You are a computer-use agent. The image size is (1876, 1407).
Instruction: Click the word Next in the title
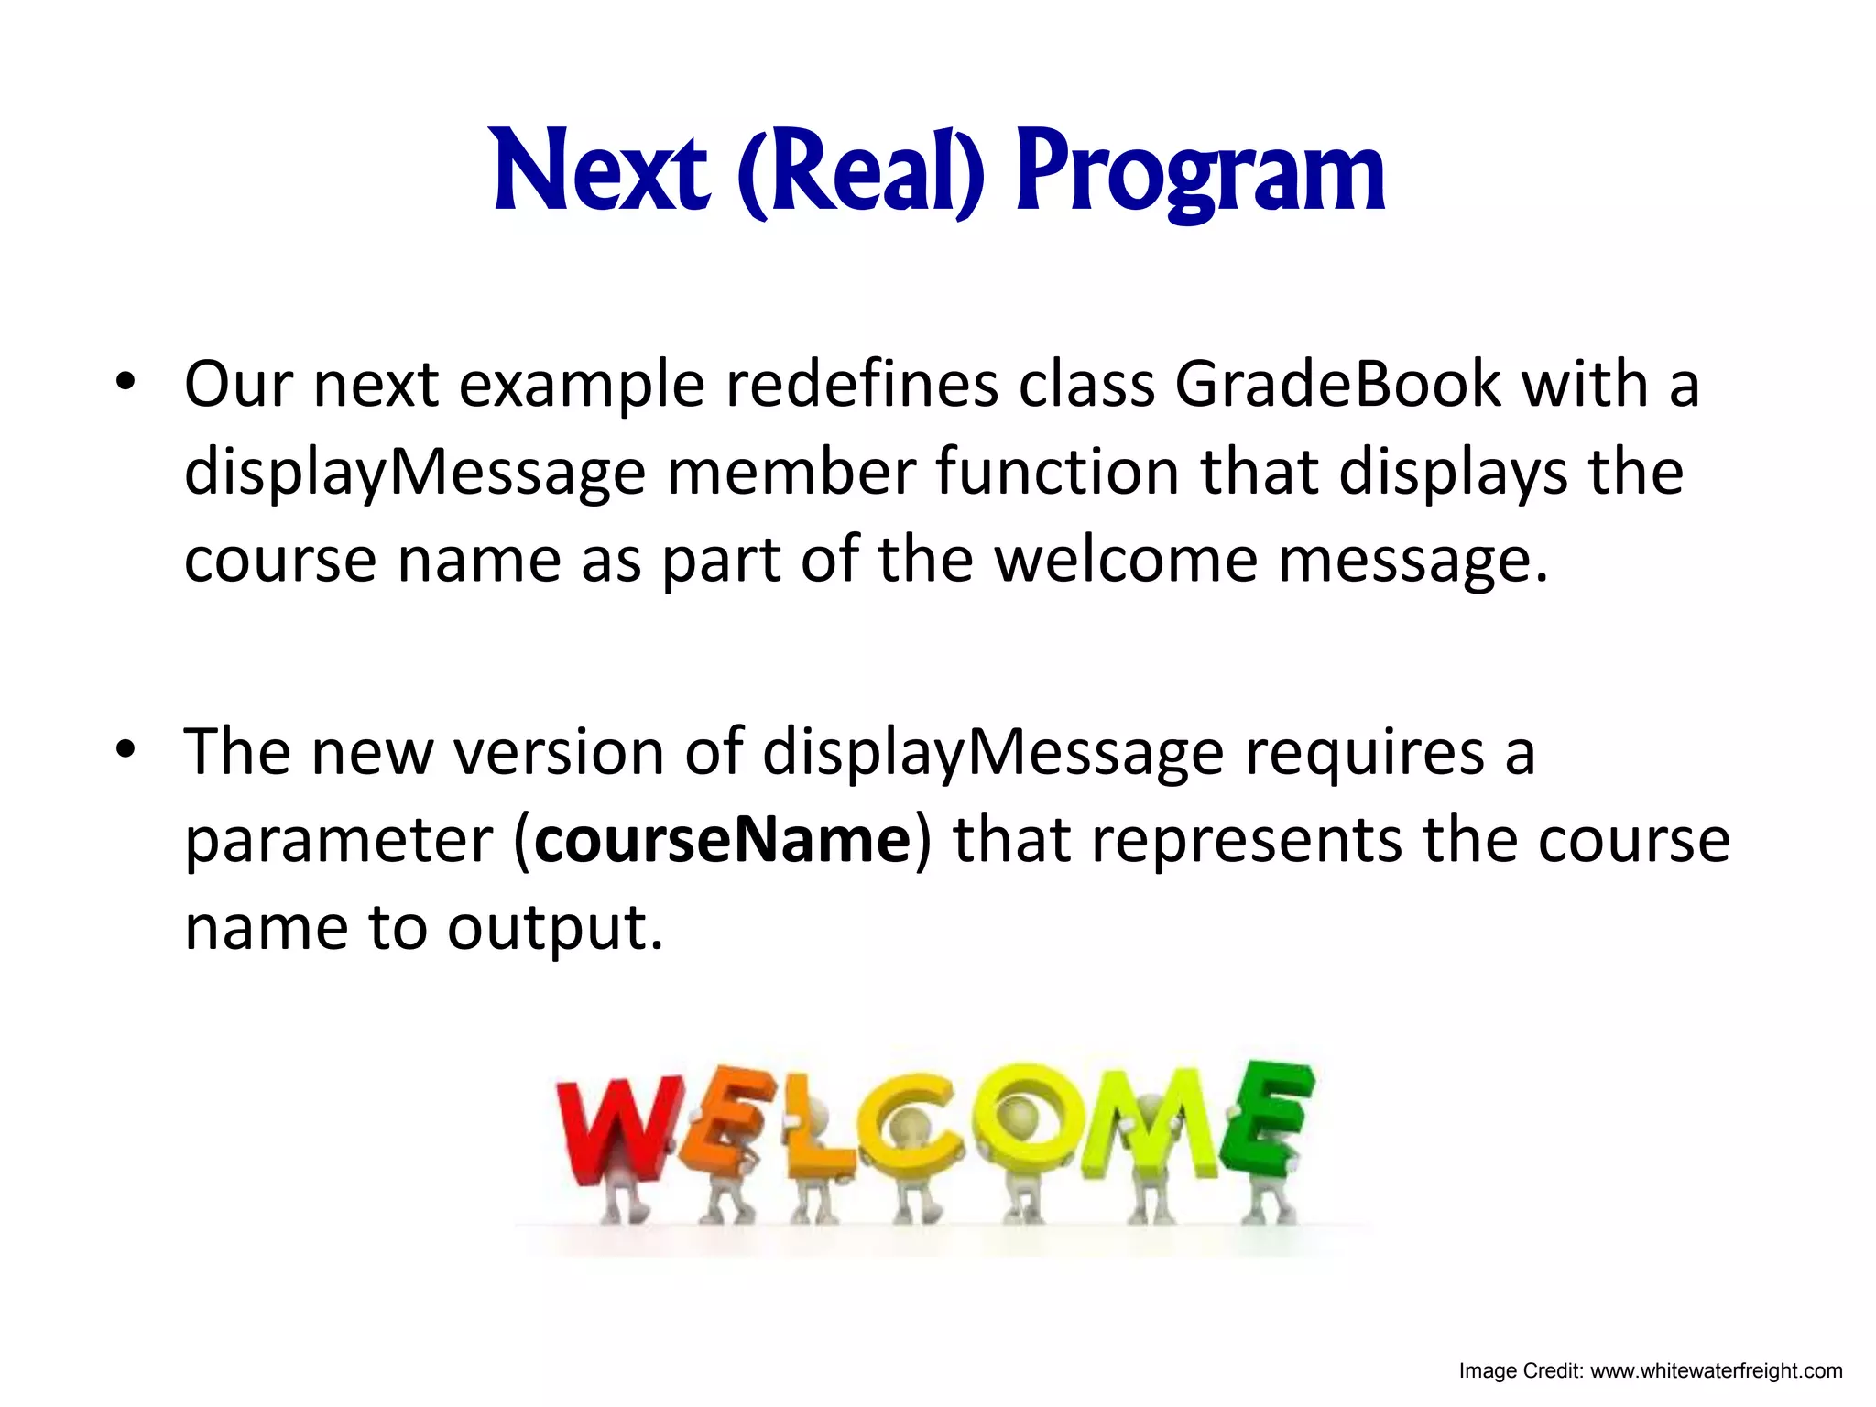coord(600,171)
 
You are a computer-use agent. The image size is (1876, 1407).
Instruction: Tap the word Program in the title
coord(1200,174)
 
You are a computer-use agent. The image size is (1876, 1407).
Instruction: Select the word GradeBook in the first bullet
coord(1337,384)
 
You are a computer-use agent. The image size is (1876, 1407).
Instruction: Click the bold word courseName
coord(723,839)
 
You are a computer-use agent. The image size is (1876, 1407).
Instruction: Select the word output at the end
coord(554,928)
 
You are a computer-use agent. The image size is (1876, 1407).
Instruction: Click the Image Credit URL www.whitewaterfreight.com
coord(1716,1371)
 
